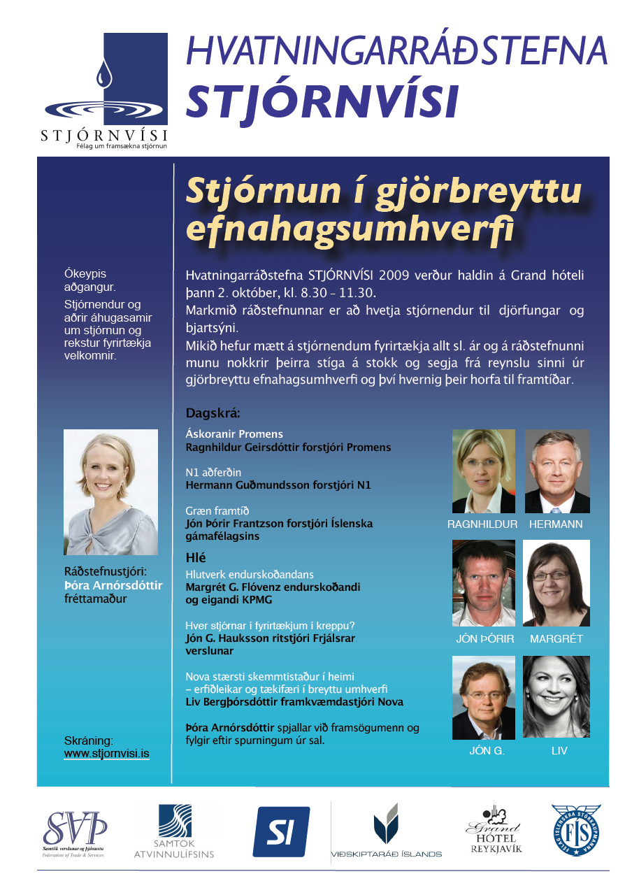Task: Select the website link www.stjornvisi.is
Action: pos(107,754)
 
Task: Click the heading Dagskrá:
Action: pos(213,413)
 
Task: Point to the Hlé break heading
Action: pos(196,557)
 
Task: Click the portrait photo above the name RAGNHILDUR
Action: pos(483,471)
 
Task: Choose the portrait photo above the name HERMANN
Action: pos(557,471)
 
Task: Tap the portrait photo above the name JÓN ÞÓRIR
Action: pos(483,582)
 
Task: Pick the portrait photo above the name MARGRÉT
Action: pos(557,582)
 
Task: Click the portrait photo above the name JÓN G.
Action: pos(483,697)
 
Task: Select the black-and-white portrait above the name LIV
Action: pos(557,697)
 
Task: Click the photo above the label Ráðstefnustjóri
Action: pos(110,492)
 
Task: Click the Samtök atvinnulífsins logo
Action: pos(174,831)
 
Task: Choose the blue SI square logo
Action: pos(281,831)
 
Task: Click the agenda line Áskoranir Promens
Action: pos(234,434)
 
